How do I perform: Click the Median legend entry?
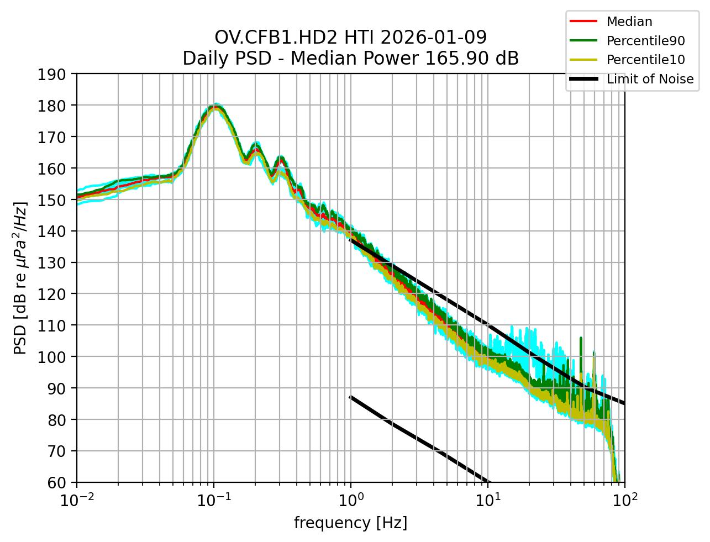pyautogui.click(x=629, y=22)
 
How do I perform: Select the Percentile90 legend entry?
pyautogui.click(x=645, y=41)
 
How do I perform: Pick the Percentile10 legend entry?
pyautogui.click(x=645, y=60)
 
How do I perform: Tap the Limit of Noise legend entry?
pyautogui.click(x=650, y=79)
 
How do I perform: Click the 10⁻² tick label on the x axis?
pyautogui.click(x=77, y=499)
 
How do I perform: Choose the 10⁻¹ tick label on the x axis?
pyautogui.click(x=214, y=499)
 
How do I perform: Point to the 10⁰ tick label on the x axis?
pyautogui.click(x=351, y=499)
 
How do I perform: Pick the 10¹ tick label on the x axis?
pyautogui.click(x=488, y=499)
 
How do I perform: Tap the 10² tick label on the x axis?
pyautogui.click(x=625, y=499)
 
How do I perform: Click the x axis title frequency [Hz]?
pyautogui.click(x=350, y=523)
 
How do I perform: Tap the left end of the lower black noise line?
pyautogui.click(x=350, y=396)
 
